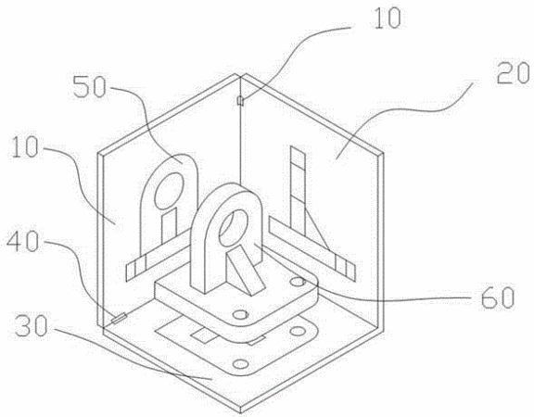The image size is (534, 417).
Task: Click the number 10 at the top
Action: (x=388, y=18)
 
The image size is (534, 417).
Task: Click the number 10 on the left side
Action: (x=24, y=147)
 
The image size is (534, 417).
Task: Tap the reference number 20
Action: (x=513, y=73)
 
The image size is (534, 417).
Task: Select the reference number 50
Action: (x=90, y=86)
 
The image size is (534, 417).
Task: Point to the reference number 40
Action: (x=23, y=242)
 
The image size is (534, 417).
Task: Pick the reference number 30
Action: (x=31, y=326)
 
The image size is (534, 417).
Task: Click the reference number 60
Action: (x=497, y=297)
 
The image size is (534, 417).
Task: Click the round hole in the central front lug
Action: (x=235, y=228)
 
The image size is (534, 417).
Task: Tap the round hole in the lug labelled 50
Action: (x=170, y=191)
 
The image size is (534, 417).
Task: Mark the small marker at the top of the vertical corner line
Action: (x=240, y=101)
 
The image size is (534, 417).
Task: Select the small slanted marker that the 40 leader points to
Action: (x=120, y=319)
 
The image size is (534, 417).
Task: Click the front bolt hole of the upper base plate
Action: (x=241, y=314)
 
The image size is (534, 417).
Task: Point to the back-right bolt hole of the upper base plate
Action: (x=298, y=282)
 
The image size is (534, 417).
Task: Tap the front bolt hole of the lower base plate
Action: (x=241, y=364)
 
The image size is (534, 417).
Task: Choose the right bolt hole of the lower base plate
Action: (x=298, y=331)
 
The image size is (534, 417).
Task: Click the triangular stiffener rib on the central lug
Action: (x=246, y=270)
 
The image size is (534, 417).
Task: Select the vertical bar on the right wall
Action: (x=298, y=191)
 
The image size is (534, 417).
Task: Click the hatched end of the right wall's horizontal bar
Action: (x=345, y=267)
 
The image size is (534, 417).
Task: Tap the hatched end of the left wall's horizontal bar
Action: (x=136, y=269)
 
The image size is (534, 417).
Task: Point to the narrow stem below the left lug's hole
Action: (x=169, y=226)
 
